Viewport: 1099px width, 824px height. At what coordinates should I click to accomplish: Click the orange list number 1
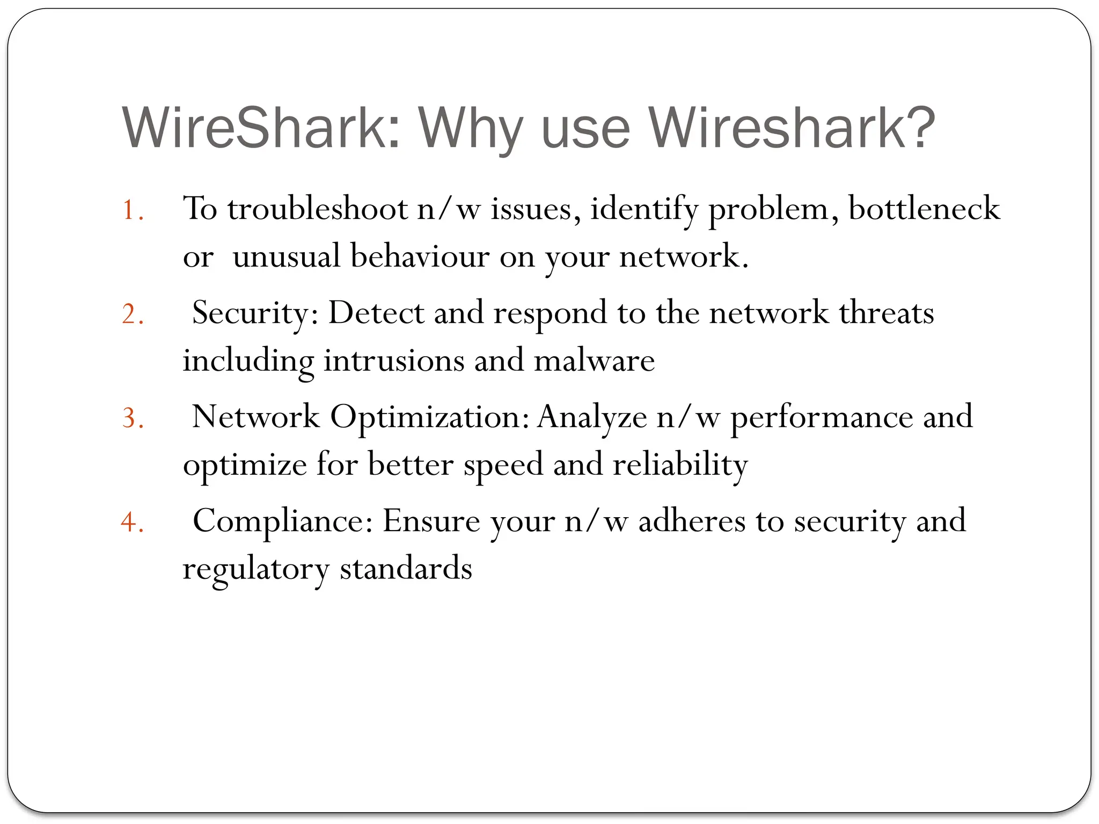(131, 210)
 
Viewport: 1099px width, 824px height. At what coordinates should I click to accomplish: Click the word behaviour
(420, 256)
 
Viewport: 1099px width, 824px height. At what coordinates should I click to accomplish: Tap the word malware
(594, 360)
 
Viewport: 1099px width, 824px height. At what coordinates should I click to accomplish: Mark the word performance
(822, 417)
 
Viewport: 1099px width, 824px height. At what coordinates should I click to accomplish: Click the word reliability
(680, 465)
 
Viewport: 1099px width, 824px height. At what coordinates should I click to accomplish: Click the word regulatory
(255, 569)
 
